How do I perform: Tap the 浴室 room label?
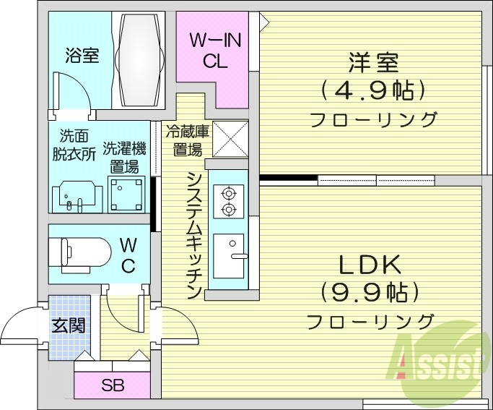82,56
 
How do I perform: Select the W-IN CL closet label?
214,51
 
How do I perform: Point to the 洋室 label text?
373,63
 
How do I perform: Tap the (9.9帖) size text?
370,292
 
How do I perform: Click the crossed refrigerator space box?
230,140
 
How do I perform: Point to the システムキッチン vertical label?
193,235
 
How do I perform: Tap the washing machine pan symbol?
127,192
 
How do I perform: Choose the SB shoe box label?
113,385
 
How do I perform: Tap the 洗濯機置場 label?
124,157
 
